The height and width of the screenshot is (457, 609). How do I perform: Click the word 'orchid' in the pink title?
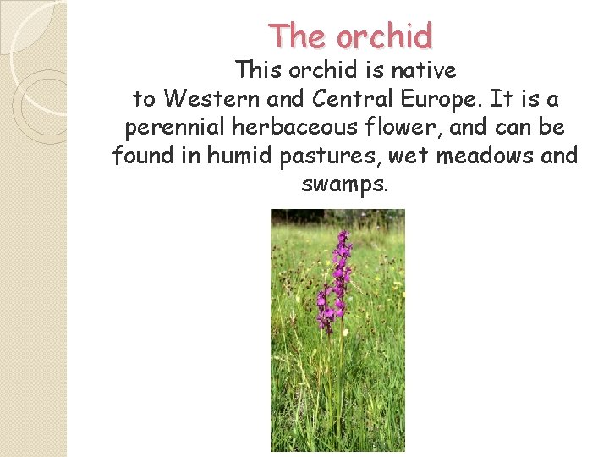coord(384,36)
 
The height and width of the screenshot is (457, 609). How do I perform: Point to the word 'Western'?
coord(212,99)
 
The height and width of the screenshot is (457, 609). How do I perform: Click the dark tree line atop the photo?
coord(337,217)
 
